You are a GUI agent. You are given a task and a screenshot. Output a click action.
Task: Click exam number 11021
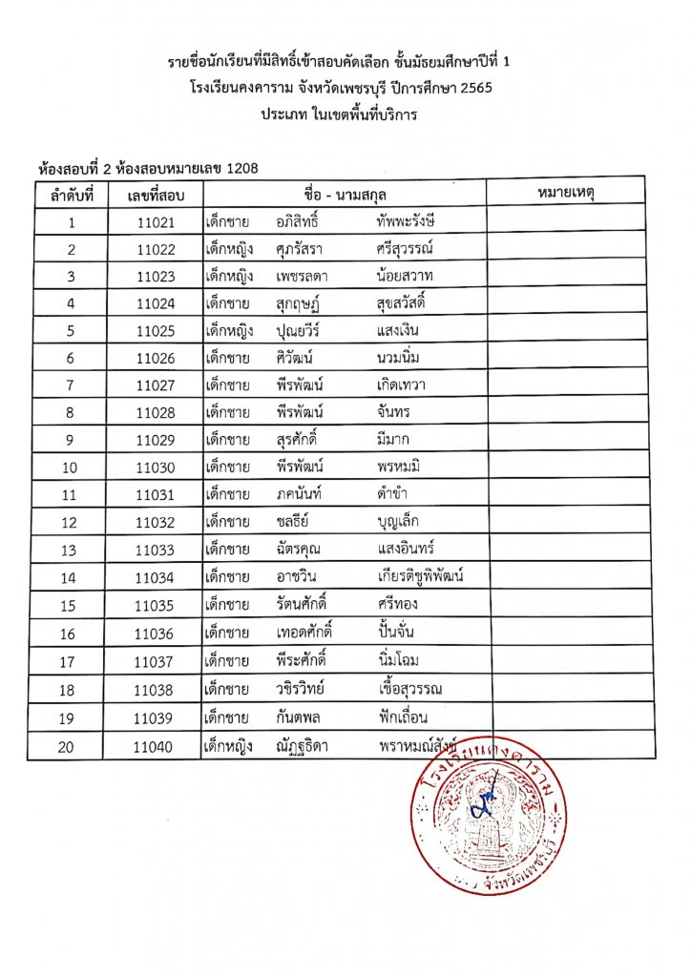point(155,222)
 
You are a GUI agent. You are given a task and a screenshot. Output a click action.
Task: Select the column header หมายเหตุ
point(571,195)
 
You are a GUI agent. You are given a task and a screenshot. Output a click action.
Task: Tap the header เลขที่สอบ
point(155,196)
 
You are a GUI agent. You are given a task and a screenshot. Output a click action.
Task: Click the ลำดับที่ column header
point(71,196)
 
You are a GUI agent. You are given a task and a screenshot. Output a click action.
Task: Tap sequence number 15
point(71,605)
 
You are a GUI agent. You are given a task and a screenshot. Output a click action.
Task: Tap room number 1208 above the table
point(244,169)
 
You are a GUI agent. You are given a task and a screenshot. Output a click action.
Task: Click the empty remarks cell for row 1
point(571,222)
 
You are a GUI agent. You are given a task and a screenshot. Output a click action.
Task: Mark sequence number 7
point(71,385)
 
